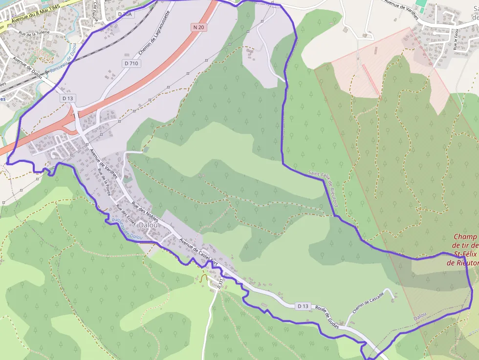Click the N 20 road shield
coord(199,27)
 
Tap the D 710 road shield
coord(131,64)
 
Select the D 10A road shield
coord(126,15)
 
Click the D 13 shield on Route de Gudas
coord(303,306)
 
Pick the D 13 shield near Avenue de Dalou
coord(67,98)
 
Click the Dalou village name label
coord(148,225)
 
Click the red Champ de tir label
coord(464,250)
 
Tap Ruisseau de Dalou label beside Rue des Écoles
coord(127,229)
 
